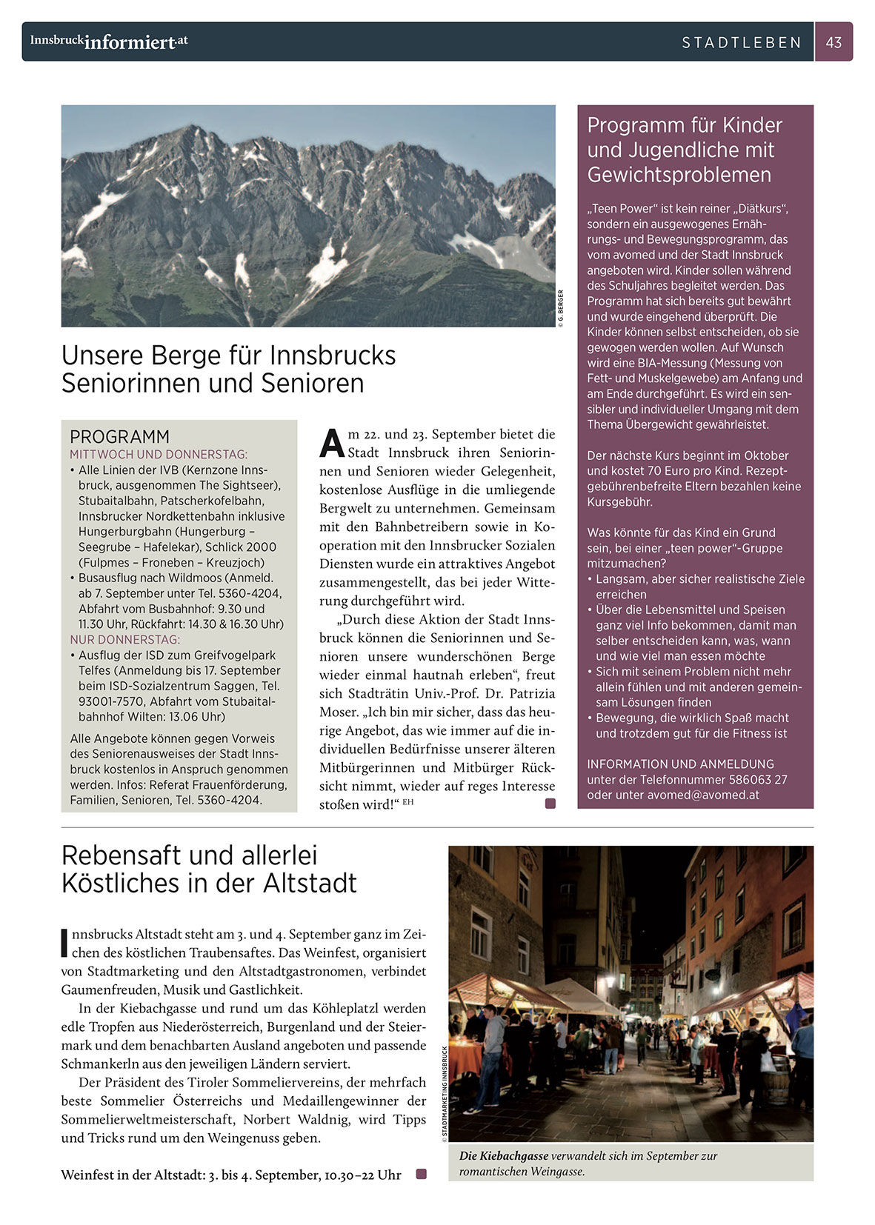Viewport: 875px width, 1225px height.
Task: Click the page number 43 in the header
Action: (x=834, y=42)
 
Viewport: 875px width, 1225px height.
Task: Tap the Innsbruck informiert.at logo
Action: (x=109, y=41)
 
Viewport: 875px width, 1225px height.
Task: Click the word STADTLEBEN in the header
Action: (x=742, y=43)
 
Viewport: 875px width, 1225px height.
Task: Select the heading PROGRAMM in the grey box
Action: (x=119, y=436)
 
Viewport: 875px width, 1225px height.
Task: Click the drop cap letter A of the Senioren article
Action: (x=332, y=443)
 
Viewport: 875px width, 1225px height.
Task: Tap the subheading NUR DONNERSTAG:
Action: (x=125, y=639)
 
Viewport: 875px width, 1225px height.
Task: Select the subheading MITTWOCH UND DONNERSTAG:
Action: (x=159, y=454)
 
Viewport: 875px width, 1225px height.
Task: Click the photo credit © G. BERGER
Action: (x=561, y=308)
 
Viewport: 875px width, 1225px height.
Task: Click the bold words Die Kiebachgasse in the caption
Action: (x=504, y=1155)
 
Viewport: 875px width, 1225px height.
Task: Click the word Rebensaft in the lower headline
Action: (x=123, y=855)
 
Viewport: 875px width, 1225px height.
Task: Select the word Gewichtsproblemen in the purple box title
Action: (x=679, y=175)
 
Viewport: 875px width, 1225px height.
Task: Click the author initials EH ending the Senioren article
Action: (x=407, y=802)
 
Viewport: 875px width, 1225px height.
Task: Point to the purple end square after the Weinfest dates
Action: (x=422, y=1174)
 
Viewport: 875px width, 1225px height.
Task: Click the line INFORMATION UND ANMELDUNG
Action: (x=680, y=764)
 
